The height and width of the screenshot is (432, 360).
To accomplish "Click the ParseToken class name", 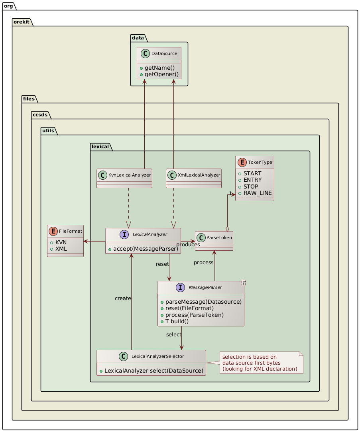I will pyautogui.click(x=218, y=238).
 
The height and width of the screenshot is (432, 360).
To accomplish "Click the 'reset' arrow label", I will pyautogui.click(x=162, y=264).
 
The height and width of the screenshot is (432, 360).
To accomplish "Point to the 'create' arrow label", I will pyautogui.click(x=123, y=298).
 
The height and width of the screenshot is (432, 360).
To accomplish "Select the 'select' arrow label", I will pyautogui.click(x=174, y=334).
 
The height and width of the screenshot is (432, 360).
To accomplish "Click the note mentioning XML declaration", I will pyautogui.click(x=260, y=363).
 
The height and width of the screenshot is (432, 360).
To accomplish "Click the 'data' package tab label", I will pyautogui.click(x=139, y=38).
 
